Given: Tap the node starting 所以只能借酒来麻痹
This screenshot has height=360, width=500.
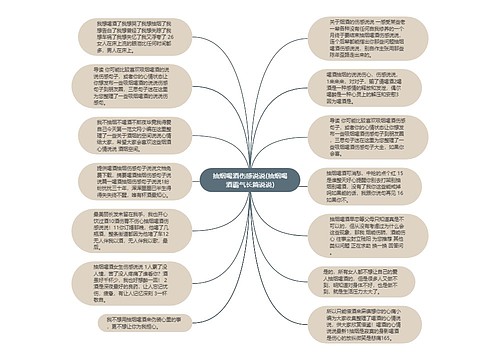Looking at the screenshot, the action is point(359,326).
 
